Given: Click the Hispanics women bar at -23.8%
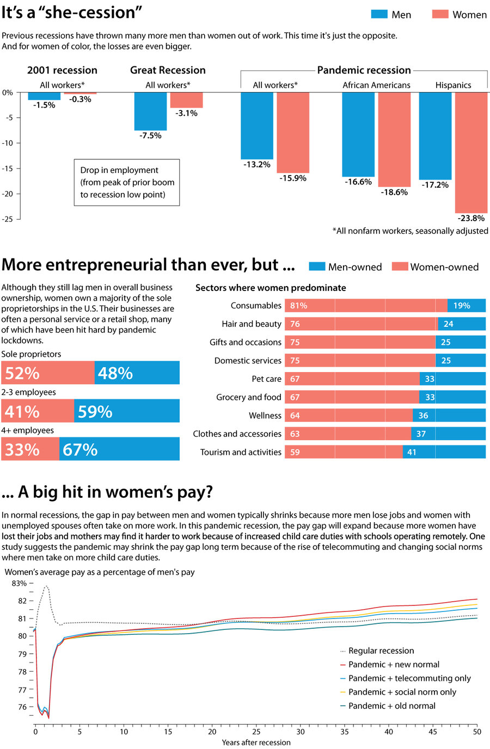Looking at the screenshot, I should point(471,152).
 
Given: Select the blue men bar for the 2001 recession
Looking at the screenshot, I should point(44,96).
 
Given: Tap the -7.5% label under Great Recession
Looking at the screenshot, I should point(150,135).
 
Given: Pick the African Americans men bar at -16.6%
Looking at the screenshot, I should point(358,134).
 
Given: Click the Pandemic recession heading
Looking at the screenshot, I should point(364,70).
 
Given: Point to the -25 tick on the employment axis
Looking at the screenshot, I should point(8,219).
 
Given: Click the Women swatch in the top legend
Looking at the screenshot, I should point(440,14).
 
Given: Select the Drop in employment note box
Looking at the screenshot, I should point(126,183).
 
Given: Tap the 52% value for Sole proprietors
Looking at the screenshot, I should point(22,373).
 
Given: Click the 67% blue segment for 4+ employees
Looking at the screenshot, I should point(81,450).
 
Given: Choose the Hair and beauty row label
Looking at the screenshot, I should point(252,324).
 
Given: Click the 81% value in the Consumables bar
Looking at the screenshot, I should point(298,306).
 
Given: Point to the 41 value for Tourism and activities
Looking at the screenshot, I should point(412,452).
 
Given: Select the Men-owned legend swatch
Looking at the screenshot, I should point(317,267).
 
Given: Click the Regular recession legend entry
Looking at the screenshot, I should point(381,651).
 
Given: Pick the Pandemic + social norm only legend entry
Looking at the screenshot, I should point(402,692).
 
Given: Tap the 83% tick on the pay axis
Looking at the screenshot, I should point(19,583).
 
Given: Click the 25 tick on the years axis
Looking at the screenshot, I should point(256,732).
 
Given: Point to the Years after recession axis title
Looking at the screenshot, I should point(256,742).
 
